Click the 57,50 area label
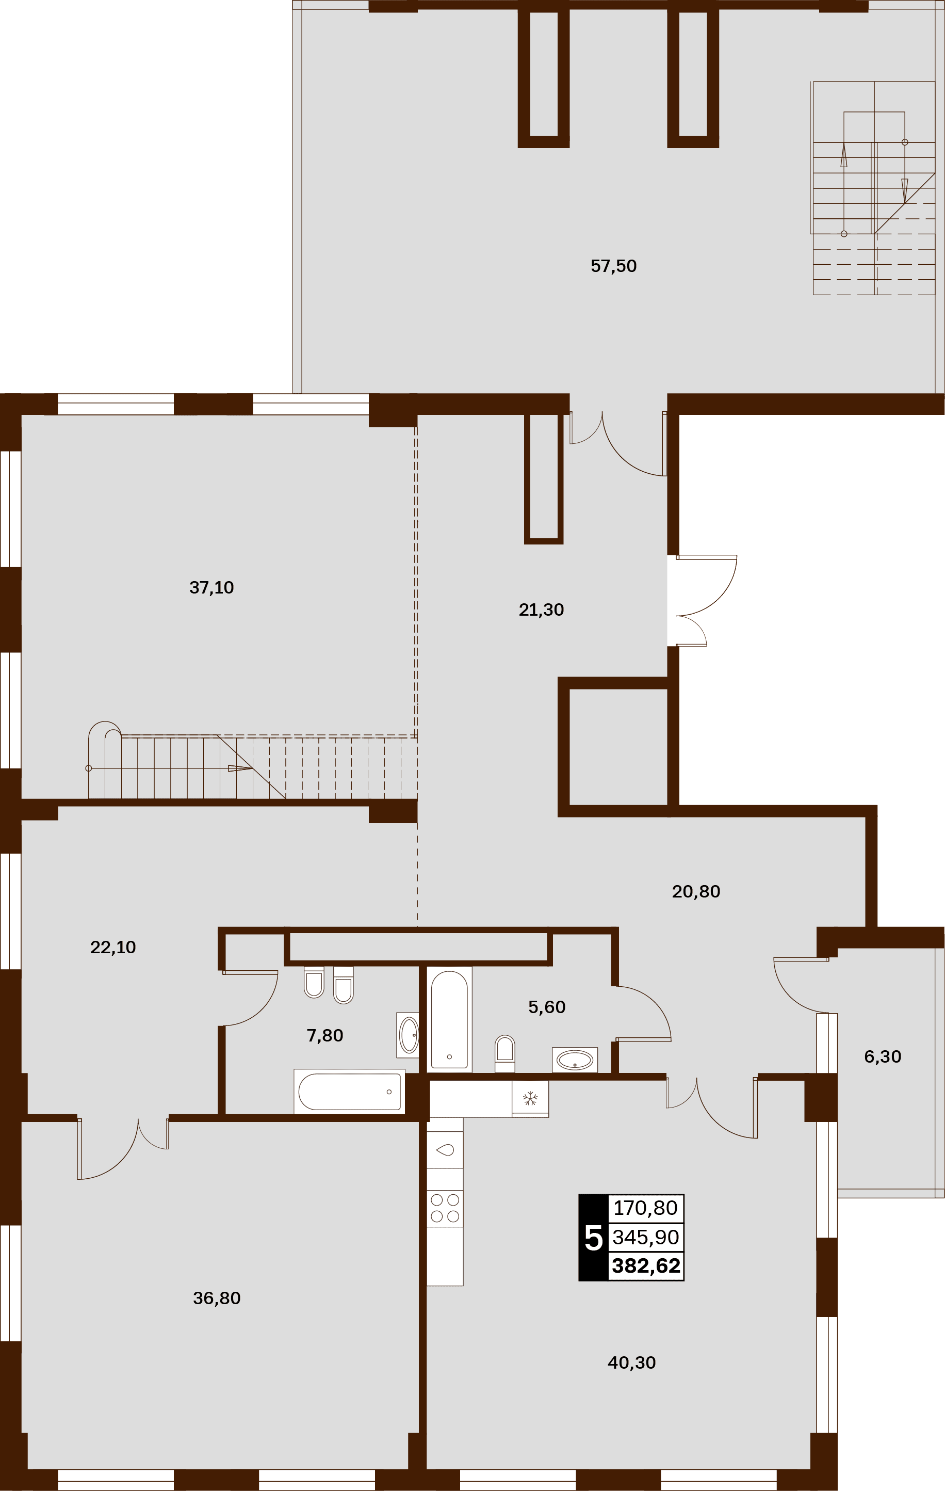tap(613, 266)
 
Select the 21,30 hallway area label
tap(541, 610)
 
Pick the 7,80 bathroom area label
tap(325, 1035)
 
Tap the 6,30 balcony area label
tap(883, 1056)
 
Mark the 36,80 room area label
tap(217, 1298)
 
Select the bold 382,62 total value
tap(646, 1265)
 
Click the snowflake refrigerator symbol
tap(530, 1099)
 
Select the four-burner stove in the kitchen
tap(445, 1209)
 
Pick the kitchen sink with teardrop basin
tap(445, 1150)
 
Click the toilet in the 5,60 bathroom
tap(505, 1053)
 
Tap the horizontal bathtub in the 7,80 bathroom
tap(350, 1092)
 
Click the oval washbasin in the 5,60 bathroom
tap(575, 1060)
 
